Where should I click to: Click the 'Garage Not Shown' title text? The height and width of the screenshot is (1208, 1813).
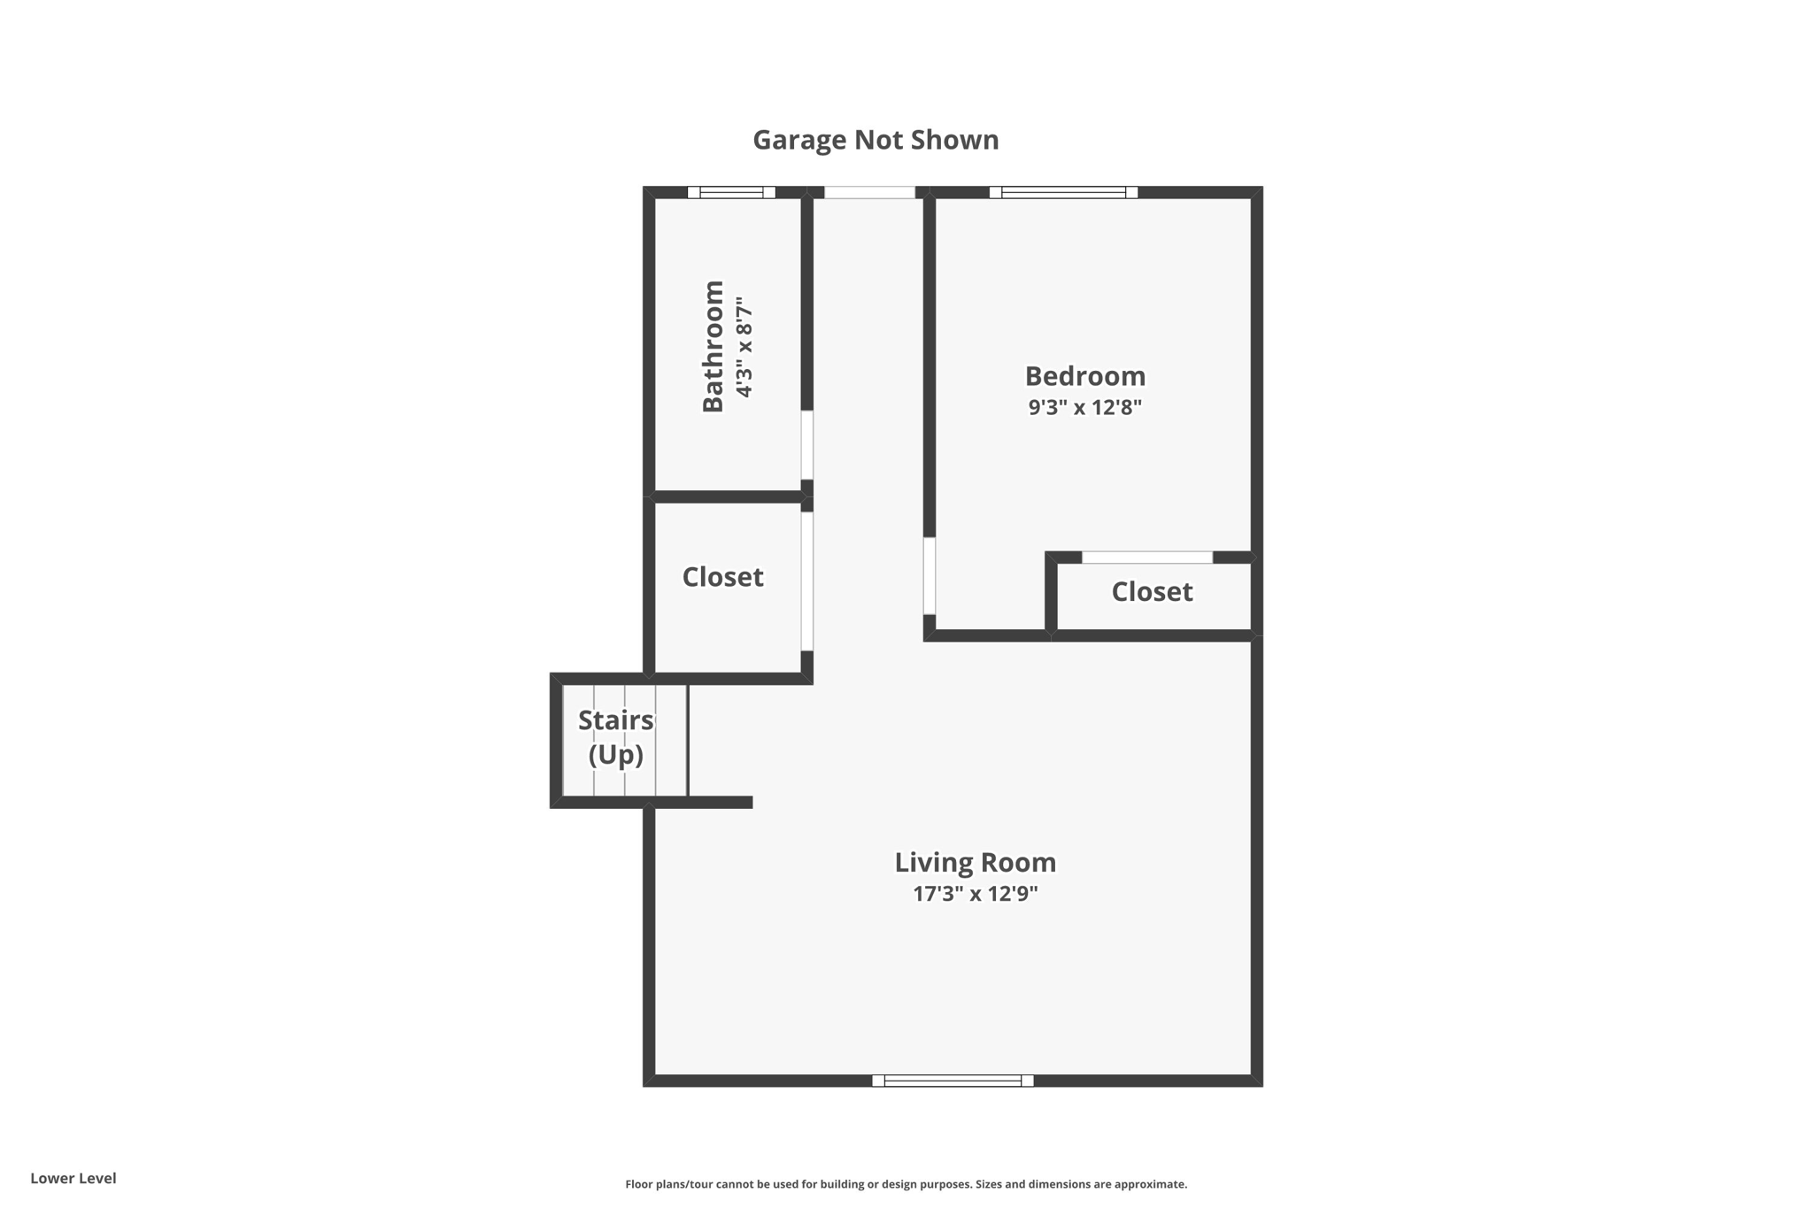tap(876, 140)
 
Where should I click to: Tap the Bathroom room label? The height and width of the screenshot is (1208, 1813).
tap(714, 346)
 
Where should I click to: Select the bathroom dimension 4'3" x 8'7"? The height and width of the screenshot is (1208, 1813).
tap(744, 347)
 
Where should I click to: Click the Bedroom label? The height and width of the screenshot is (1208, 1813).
tap(1084, 376)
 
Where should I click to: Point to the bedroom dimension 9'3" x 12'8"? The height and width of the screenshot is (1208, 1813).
tap(1084, 407)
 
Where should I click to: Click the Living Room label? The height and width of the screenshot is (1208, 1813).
tap(975, 862)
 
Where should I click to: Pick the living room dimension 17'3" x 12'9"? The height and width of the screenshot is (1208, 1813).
tap(975, 894)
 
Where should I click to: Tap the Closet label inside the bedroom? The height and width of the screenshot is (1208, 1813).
tap(1152, 591)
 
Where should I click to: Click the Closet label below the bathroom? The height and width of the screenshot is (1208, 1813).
tap(722, 577)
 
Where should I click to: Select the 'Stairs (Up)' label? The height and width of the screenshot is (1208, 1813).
tap(616, 737)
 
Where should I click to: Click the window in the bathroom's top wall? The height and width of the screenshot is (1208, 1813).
tap(731, 192)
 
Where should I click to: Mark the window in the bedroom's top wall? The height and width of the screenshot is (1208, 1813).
tap(1063, 192)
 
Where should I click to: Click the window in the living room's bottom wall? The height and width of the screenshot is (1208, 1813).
tap(953, 1081)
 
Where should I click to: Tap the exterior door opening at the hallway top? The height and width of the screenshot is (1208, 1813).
tap(869, 192)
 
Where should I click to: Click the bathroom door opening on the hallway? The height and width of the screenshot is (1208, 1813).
tap(807, 445)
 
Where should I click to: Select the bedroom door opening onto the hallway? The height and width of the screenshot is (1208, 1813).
tap(930, 576)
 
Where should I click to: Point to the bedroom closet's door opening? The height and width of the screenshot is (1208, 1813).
tap(1147, 558)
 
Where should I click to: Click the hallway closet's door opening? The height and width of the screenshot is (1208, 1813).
tap(807, 581)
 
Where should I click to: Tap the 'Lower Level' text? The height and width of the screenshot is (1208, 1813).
tap(73, 1178)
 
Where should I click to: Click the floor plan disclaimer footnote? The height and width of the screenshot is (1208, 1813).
tap(906, 1184)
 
